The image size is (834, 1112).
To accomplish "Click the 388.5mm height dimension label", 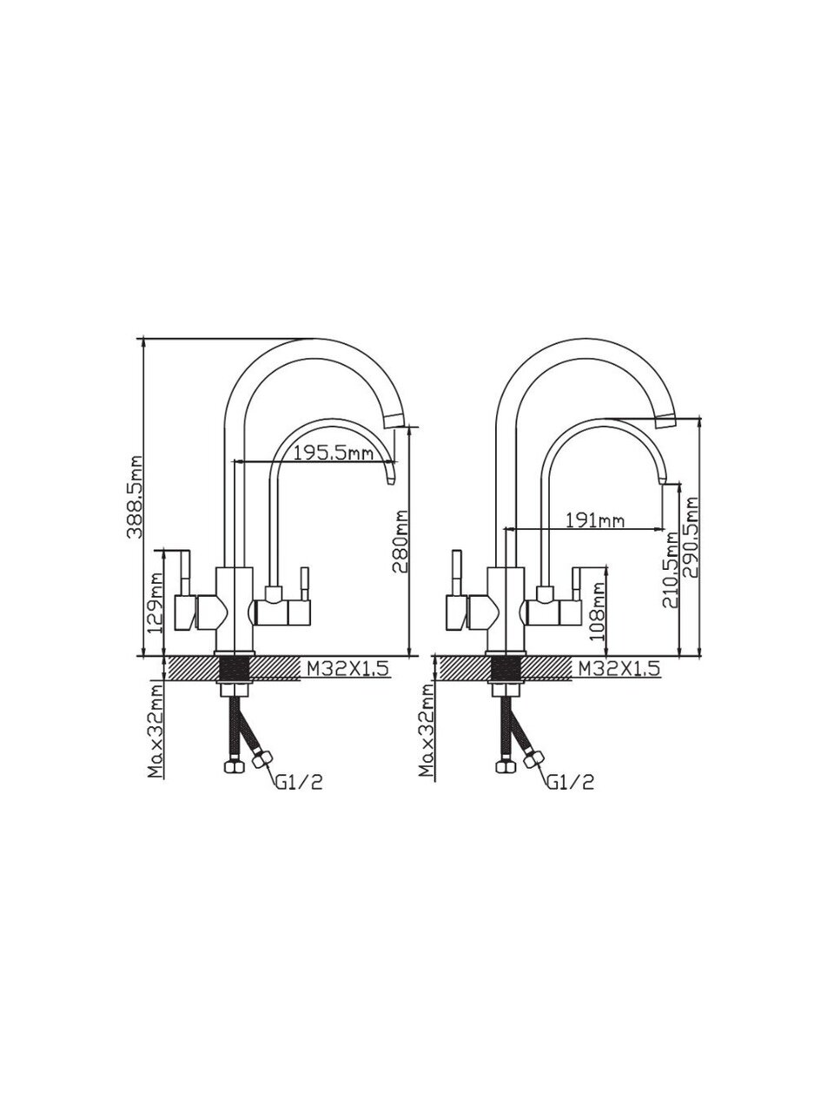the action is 134,496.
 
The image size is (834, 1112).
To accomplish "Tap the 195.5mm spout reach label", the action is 334,452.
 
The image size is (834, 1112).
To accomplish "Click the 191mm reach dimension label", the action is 594,520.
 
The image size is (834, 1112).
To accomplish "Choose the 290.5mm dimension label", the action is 691,538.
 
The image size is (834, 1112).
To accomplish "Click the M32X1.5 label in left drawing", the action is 347,669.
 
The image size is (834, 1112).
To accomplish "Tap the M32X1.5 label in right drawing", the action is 619,669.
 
